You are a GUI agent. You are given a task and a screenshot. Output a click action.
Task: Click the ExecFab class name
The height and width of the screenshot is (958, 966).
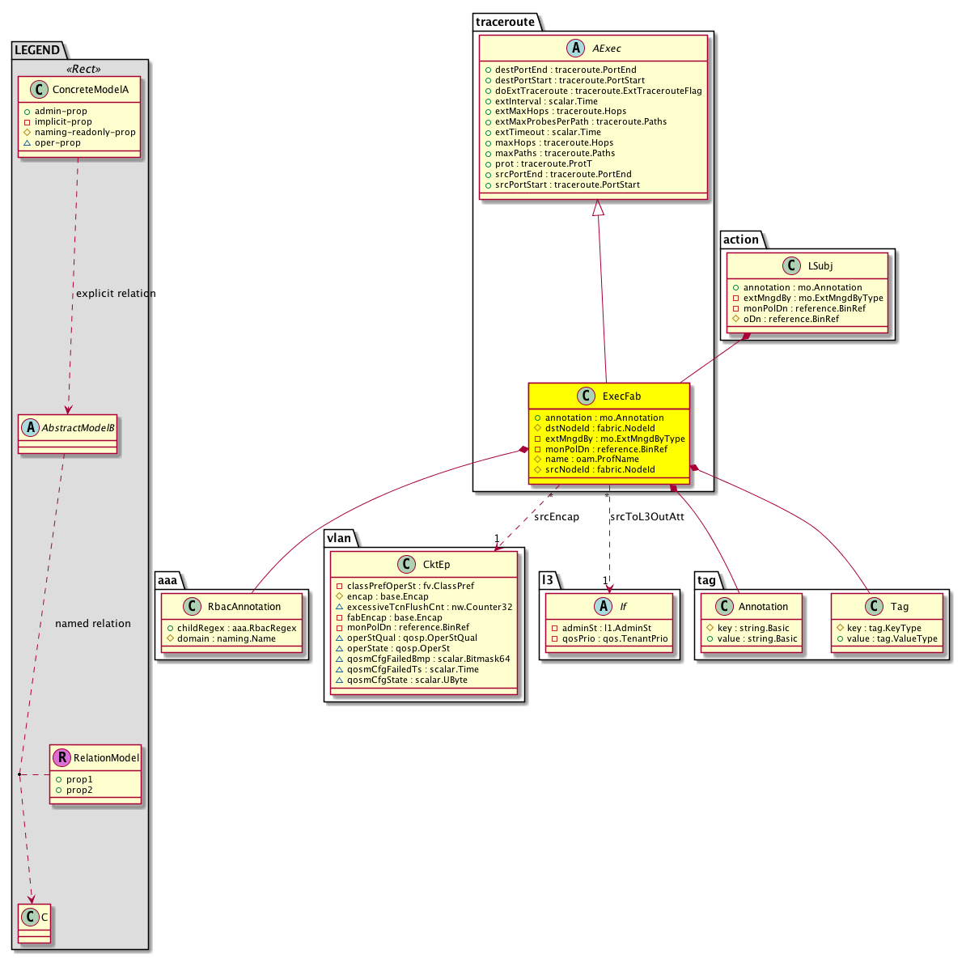(621, 396)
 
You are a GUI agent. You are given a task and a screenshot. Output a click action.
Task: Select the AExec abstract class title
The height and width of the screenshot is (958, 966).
(607, 48)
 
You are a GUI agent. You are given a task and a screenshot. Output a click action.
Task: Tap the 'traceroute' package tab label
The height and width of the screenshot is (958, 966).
(505, 22)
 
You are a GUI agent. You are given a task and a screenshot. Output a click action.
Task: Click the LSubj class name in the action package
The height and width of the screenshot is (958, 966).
(820, 265)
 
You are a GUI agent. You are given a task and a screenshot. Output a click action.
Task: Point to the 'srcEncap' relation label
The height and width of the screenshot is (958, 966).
(557, 517)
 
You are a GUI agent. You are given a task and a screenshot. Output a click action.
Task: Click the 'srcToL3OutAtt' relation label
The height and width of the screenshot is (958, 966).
(647, 517)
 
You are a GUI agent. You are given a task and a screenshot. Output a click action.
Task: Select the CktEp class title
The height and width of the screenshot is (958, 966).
(436, 564)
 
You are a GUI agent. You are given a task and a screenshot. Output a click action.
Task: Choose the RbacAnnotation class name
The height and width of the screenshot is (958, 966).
(244, 607)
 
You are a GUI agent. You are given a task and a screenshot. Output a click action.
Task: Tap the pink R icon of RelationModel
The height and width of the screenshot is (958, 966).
(61, 757)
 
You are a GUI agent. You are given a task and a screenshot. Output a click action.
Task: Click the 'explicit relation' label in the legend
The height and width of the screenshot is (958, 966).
(116, 293)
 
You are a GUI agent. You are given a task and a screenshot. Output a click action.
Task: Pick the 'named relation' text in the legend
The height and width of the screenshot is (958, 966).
(93, 624)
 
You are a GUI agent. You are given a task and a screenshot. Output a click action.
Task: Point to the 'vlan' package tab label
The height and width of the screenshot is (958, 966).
(339, 538)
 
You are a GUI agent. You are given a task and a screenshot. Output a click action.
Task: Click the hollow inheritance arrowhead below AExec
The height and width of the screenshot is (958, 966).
(598, 208)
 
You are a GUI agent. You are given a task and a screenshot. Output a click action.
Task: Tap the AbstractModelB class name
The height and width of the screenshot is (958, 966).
(78, 427)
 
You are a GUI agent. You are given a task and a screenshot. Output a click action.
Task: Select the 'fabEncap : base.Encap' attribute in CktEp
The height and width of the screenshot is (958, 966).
(394, 617)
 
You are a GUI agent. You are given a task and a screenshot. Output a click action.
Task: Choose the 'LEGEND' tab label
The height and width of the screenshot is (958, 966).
(37, 50)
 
